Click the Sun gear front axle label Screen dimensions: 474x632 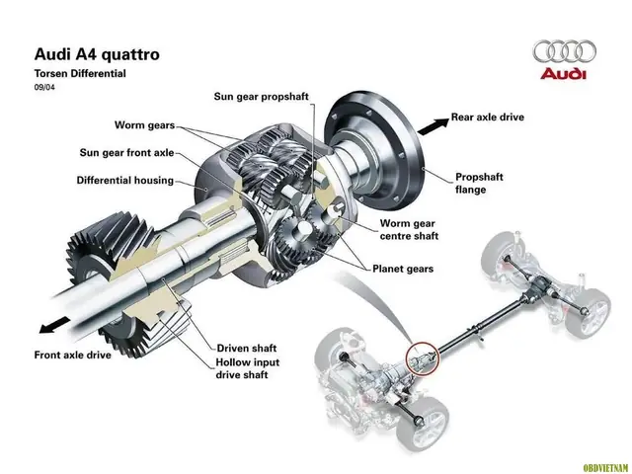click(x=126, y=153)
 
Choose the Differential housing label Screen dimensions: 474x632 click(x=124, y=181)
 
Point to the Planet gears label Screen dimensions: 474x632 click(x=402, y=268)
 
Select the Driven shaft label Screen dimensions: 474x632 click(x=248, y=350)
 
